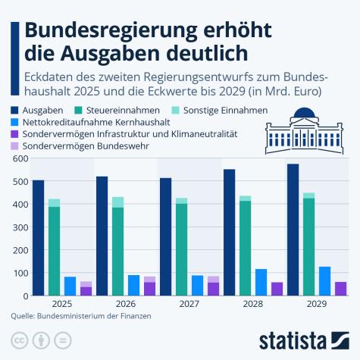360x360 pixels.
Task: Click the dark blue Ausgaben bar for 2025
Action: coord(38,238)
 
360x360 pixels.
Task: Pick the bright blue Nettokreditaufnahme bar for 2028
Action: coord(261,282)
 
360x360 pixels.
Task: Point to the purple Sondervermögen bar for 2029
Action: coord(340,289)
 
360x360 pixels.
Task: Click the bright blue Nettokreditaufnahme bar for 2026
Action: coord(133,286)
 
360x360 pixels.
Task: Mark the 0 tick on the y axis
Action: coord(25,296)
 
